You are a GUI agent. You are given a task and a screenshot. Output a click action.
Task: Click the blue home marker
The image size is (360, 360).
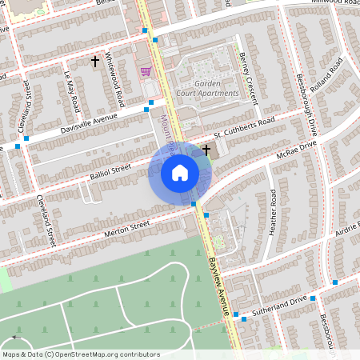pyautogui.click(x=180, y=173)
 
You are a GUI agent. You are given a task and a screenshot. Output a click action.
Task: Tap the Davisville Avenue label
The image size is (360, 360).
pyautogui.click(x=83, y=123)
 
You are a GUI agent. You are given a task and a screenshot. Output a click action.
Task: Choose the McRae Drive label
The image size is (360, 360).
pyautogui.click(x=299, y=151)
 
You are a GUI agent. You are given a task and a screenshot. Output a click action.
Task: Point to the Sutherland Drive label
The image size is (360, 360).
pyautogui.click(x=280, y=306)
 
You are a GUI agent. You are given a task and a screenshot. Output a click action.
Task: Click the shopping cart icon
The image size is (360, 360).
pyautogui.click(x=146, y=71)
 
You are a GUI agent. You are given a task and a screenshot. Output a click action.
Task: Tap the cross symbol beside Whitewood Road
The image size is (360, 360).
pyautogui.click(x=95, y=61)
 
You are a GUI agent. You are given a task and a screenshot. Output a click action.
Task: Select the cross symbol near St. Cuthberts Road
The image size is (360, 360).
pyautogui.click(x=206, y=149)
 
